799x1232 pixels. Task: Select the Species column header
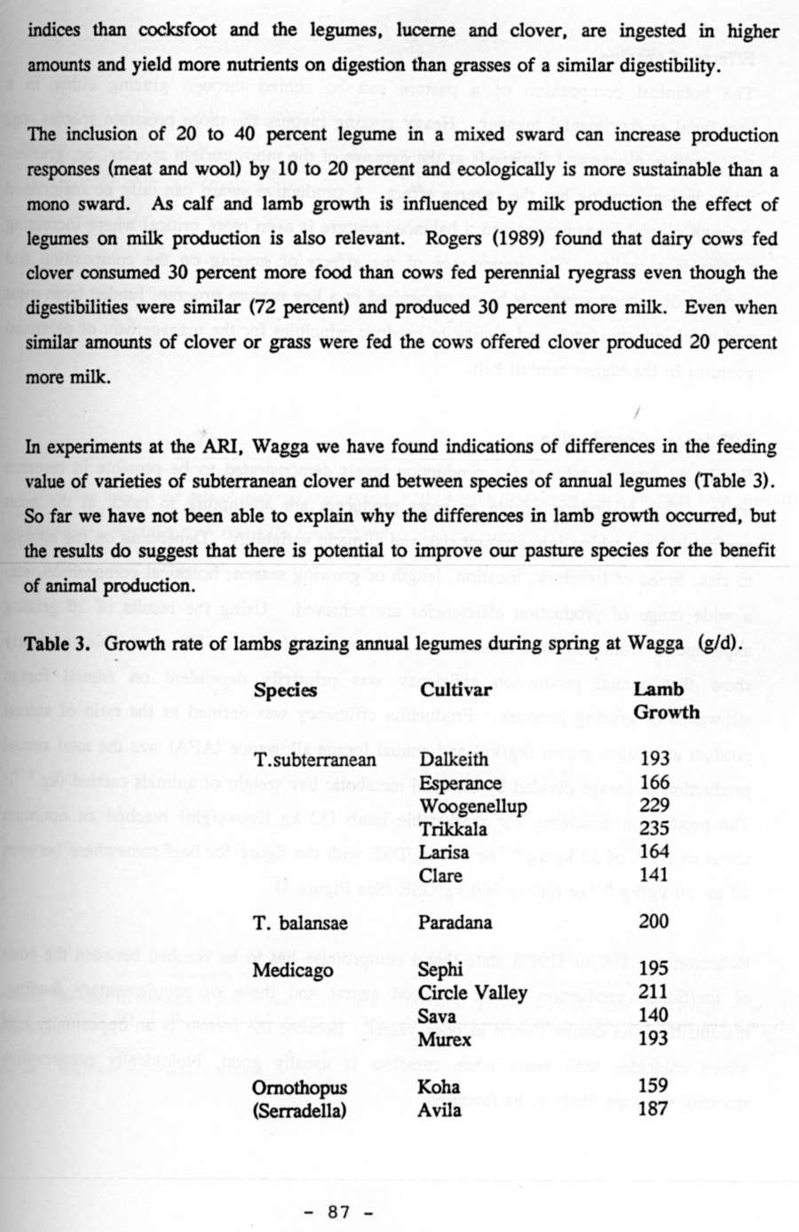tap(285, 690)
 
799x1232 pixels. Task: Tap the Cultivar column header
tap(455, 690)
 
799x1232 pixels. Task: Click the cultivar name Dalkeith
tap(454, 760)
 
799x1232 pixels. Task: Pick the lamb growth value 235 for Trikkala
tap(654, 829)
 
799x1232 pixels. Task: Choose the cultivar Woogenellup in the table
tap(473, 806)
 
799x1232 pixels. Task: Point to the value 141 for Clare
tap(653, 875)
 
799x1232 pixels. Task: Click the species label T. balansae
tap(300, 923)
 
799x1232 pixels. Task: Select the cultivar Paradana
tap(455, 922)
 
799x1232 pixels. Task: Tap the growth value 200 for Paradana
tap(654, 921)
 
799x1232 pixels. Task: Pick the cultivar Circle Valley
tap(472, 992)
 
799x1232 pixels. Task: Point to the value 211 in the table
tap(653, 991)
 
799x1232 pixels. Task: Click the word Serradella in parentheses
tap(299, 1110)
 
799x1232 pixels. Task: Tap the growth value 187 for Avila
tap(653, 1108)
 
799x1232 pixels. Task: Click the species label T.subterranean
tap(315, 761)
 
